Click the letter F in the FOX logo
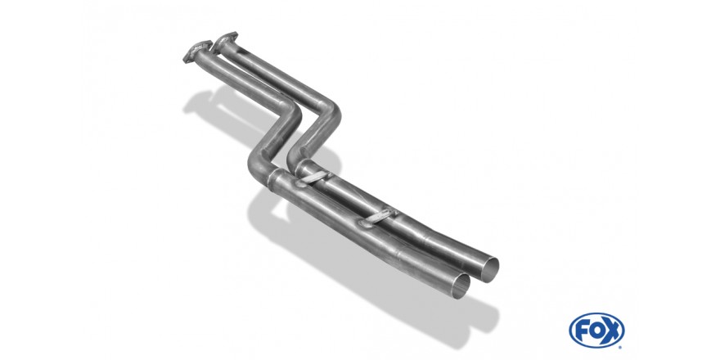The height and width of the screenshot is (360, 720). pyautogui.click(x=582, y=331)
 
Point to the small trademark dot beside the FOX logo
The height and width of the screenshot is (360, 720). pyautogui.click(x=620, y=347)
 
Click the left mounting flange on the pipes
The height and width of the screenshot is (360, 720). pyautogui.click(x=197, y=51)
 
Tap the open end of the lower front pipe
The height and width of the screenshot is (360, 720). pyautogui.click(x=461, y=286)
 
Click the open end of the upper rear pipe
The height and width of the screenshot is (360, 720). pyautogui.click(x=489, y=270)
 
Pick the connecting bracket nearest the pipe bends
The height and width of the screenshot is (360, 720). pyautogui.click(x=313, y=178)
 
